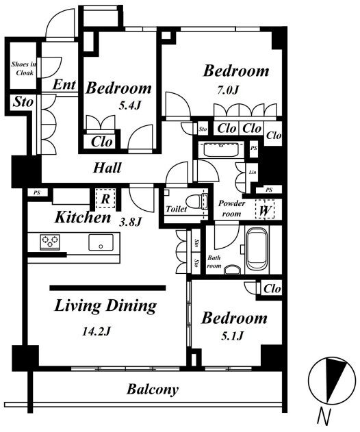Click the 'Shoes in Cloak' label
[x=23, y=68]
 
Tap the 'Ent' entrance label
[x=64, y=84]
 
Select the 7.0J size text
[x=227, y=90]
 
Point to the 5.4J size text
[x=130, y=105]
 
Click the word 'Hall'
[x=107, y=168]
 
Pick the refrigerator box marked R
[x=105, y=199]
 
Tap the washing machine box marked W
[x=265, y=209]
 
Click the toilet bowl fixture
[x=196, y=202]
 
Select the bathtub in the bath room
[x=257, y=249]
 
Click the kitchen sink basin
[x=101, y=242]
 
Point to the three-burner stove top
[x=50, y=242]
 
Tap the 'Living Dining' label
[x=106, y=306]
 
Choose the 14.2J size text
[x=97, y=331]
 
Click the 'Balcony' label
[x=153, y=390]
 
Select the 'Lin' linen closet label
[x=253, y=173]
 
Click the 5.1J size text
[x=232, y=336]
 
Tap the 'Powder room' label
[x=231, y=208]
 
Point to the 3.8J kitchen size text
[x=130, y=222]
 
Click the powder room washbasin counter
[x=221, y=150]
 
